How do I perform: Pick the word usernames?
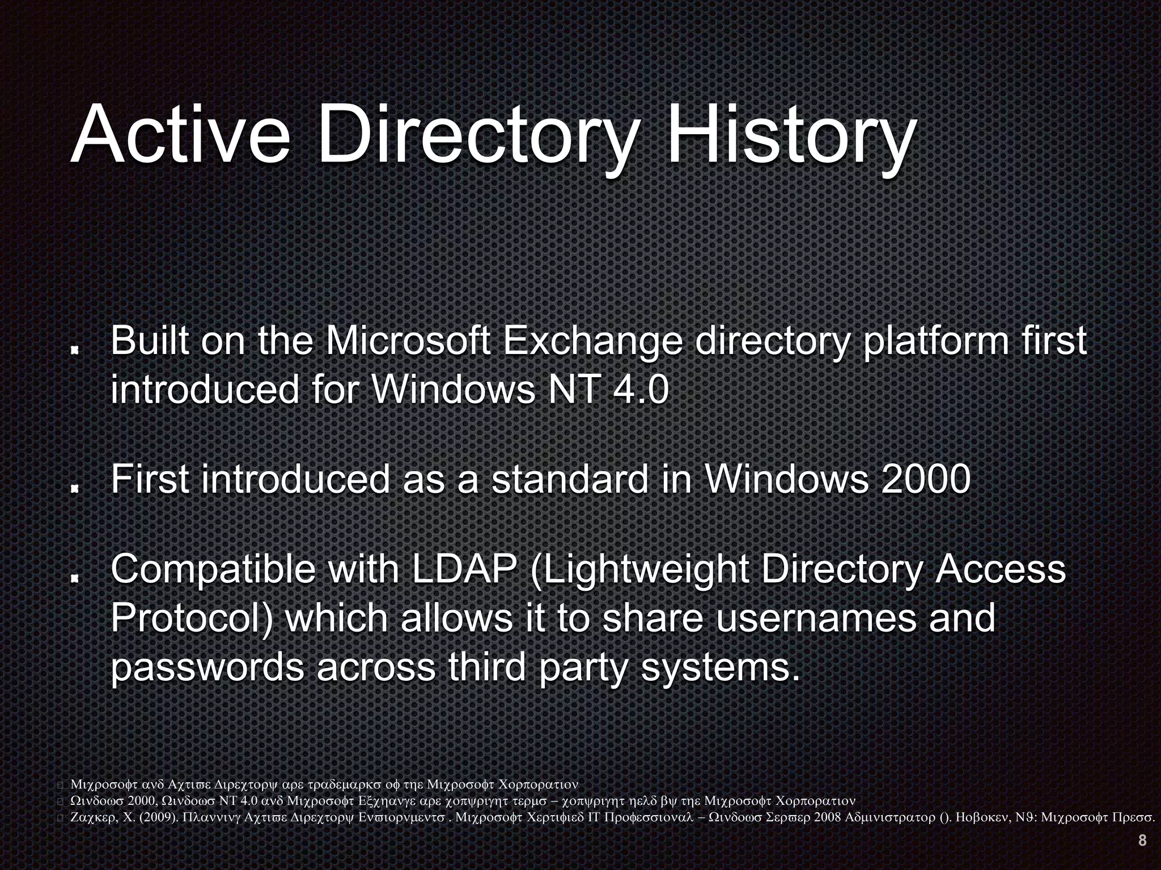point(816,618)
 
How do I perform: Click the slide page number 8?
point(1142,841)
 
